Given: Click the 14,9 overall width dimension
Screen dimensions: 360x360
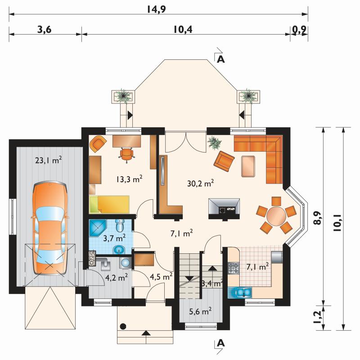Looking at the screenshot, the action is coord(157,9).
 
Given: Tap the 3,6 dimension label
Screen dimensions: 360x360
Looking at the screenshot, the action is coord(44,29).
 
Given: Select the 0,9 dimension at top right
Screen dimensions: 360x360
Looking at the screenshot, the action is coord(299,30).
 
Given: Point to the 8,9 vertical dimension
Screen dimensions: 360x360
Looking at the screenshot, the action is coord(317,218).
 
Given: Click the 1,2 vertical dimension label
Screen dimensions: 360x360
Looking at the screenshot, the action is coord(317,318).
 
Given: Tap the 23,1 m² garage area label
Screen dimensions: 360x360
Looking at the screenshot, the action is coord(49,160).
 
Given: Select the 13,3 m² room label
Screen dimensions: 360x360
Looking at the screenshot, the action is coord(129,179).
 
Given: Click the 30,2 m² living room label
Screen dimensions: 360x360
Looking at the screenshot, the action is coord(201,183).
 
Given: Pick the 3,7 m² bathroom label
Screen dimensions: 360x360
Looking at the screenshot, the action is coord(114,238).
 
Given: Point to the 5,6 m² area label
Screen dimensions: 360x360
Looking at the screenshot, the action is coord(200,311).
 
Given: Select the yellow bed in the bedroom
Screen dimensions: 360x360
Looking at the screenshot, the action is coord(109,204).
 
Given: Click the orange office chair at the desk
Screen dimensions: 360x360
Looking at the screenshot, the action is coord(127,154).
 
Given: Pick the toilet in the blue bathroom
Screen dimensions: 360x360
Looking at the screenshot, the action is coord(120,225).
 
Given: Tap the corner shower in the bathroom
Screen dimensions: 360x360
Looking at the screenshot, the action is coord(97,228).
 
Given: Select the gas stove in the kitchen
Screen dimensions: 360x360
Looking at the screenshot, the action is coord(234,268).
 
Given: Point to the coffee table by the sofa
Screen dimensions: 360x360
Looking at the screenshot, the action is coord(248,166).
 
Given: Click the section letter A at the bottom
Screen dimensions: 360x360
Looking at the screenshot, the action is coord(220,343).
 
